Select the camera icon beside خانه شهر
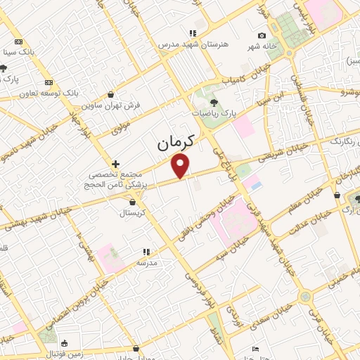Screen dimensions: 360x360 click(262, 36)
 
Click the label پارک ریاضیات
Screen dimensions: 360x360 click(215, 112)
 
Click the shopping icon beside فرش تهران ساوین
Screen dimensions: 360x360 click(111, 94)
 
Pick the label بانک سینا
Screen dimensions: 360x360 click(19, 52)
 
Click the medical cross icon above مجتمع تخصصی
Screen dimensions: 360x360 click(116, 163)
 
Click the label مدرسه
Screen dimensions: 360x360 click(146, 262)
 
